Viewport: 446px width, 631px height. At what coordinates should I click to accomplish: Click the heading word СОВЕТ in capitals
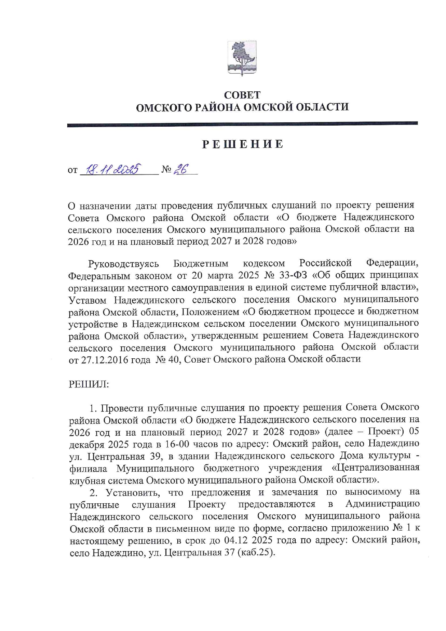(242, 95)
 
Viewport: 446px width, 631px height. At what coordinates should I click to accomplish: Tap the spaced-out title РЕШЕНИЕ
(242, 145)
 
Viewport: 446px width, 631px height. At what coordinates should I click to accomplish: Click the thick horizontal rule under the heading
(242, 124)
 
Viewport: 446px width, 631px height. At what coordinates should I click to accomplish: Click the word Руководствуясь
(123, 264)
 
